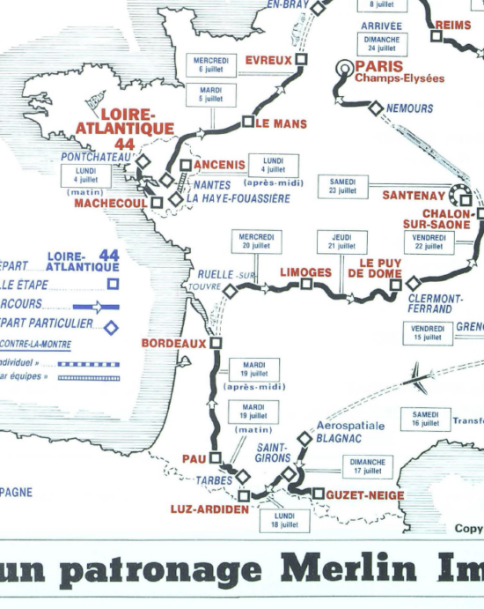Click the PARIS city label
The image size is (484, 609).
pos(379,66)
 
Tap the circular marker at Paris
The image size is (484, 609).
pos(346,69)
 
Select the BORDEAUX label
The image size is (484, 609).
pos(174,343)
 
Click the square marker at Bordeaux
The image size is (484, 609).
pos(216,343)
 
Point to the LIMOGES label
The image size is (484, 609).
pos(305,272)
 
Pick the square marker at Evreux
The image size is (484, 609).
pos(301,60)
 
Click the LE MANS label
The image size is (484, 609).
pos(282,124)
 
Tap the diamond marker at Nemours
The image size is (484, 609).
pos(376,108)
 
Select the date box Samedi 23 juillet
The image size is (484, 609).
pos(342,186)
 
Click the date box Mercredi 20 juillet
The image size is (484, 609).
pos(255,241)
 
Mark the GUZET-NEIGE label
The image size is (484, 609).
pos(365,495)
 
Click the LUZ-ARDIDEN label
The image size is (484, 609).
pos(209,509)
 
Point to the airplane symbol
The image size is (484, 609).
pos(416,376)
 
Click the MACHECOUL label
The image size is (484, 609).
pos(111,203)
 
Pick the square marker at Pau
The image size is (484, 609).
pos(214,457)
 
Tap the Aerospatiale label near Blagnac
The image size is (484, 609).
pos(350,425)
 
